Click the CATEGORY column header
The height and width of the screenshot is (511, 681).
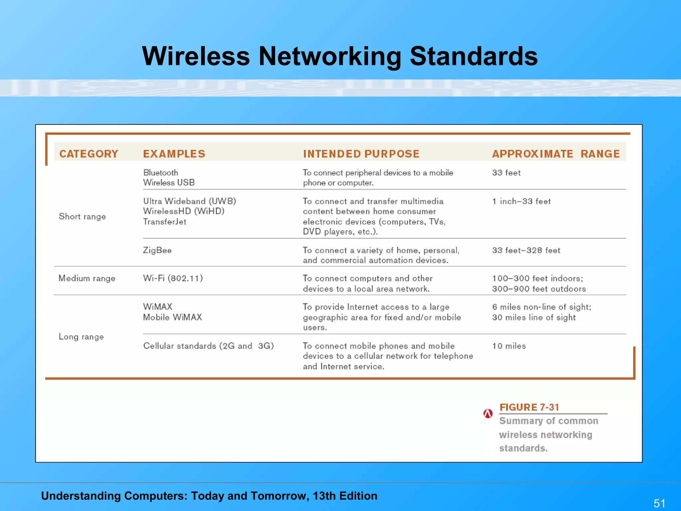(x=89, y=154)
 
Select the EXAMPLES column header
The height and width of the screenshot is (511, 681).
(x=174, y=154)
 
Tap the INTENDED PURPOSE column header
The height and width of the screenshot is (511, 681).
(x=361, y=154)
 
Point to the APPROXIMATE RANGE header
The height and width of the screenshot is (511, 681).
(x=556, y=154)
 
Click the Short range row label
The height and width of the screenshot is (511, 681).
(x=82, y=217)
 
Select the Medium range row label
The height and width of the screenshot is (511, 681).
(x=87, y=278)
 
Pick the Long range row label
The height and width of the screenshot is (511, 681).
(x=81, y=337)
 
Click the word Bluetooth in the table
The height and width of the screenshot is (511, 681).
(x=161, y=173)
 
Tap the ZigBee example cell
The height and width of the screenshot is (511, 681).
(x=157, y=250)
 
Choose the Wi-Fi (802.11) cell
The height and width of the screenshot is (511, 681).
(x=173, y=278)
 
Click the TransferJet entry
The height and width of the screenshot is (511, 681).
(x=165, y=222)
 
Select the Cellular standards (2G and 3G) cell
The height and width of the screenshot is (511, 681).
(x=208, y=346)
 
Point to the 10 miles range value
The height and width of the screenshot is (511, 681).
(x=509, y=346)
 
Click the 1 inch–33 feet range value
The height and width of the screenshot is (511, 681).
(x=521, y=201)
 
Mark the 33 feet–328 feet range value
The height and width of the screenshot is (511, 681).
(x=526, y=250)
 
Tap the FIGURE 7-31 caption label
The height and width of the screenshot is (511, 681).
(x=529, y=407)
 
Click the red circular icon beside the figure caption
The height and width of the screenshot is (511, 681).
(x=488, y=414)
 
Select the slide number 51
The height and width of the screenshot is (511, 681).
(x=659, y=503)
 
